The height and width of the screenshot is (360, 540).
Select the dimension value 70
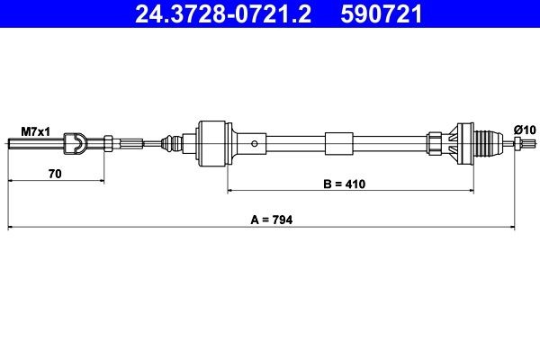click(x=55, y=175)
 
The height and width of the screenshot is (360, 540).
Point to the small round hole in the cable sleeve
click(x=256, y=142)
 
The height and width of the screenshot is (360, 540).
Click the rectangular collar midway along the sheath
click(x=339, y=143)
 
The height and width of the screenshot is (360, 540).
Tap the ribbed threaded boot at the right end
click(x=486, y=143)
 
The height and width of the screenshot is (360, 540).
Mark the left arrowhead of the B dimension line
click(x=231, y=192)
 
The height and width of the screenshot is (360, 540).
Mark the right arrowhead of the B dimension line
click(x=469, y=192)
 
